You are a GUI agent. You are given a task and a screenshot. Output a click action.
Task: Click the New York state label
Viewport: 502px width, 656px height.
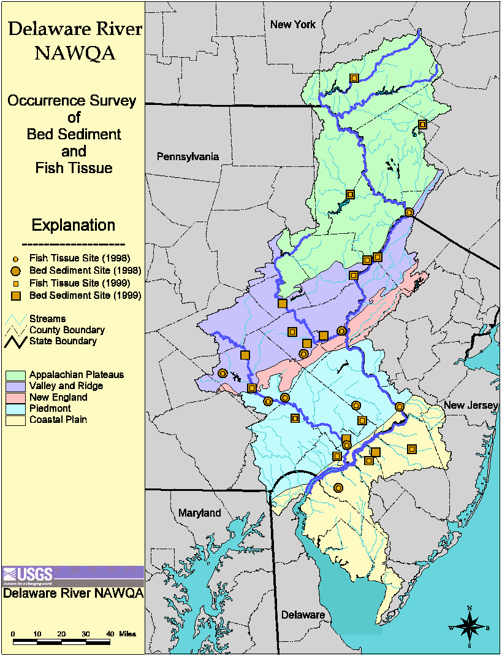[x=293, y=25]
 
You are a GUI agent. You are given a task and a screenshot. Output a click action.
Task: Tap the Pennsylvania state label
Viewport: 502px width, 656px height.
[x=188, y=156]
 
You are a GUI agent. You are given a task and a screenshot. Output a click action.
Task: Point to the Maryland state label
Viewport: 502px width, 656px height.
[x=199, y=512]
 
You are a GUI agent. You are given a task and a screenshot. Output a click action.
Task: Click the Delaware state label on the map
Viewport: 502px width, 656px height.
[x=302, y=614]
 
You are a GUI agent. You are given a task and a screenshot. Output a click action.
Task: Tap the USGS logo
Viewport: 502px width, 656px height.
[x=28, y=575]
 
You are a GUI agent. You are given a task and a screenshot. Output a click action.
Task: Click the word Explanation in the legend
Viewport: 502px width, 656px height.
[x=73, y=225]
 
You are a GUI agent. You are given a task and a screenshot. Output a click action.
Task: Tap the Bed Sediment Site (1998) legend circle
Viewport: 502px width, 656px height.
[x=17, y=271]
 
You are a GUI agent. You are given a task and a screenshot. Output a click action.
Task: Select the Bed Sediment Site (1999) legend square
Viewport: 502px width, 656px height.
[x=17, y=296]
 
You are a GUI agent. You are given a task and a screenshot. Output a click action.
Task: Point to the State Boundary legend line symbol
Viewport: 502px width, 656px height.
[x=17, y=341]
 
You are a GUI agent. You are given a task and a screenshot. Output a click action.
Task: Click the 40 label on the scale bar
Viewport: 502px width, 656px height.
[x=110, y=633]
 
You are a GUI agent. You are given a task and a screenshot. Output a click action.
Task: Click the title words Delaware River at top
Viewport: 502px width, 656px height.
[x=75, y=29]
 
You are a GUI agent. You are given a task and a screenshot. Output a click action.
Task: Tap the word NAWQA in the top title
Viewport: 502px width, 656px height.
[x=75, y=53]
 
